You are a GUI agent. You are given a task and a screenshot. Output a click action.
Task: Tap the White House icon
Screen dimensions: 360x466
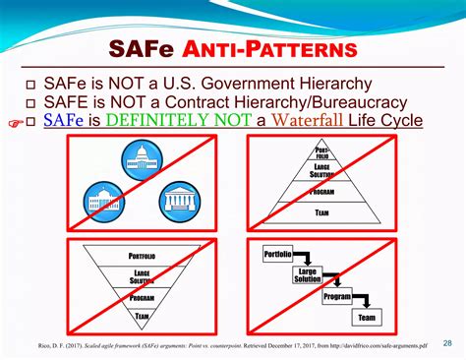pyautogui.click(x=105, y=200)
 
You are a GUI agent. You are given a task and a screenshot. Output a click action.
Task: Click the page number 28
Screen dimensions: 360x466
pyautogui.click(x=447, y=343)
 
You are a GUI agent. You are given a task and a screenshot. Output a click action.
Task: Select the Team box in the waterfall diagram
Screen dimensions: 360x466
pyautogui.click(x=368, y=317)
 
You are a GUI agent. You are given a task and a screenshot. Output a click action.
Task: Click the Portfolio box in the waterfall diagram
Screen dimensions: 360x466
pyautogui.click(x=278, y=255)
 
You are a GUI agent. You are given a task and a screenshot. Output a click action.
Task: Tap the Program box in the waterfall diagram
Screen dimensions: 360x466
pyautogui.click(x=337, y=296)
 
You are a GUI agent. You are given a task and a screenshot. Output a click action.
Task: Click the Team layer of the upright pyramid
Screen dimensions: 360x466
pyautogui.click(x=321, y=210)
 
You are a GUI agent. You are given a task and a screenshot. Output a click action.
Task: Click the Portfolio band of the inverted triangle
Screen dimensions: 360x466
pyautogui.click(x=142, y=257)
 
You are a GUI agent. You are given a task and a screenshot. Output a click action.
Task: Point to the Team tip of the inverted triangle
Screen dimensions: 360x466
pyautogui.click(x=142, y=316)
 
